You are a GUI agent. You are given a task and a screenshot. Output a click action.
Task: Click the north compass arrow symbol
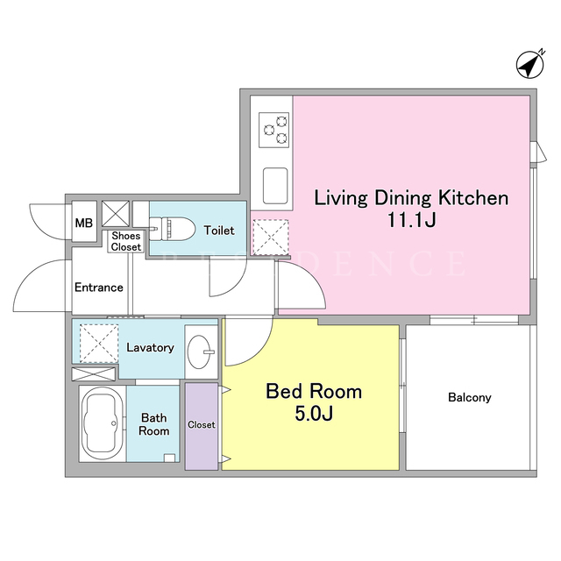(530, 65)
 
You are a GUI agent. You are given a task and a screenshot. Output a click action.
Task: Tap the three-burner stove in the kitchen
(273, 130)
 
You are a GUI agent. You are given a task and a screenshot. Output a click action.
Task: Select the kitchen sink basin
(275, 186)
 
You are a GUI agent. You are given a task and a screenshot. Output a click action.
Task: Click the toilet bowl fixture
(172, 229)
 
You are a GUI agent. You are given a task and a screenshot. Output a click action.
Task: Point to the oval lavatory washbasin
(199, 352)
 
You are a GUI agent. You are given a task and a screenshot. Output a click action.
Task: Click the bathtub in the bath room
(103, 424)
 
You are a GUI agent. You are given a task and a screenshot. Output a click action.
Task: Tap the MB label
(84, 223)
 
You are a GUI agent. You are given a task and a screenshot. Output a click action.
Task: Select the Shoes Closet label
(126, 241)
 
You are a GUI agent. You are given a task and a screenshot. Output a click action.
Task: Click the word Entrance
(99, 288)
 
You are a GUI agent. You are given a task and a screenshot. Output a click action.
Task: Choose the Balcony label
(470, 397)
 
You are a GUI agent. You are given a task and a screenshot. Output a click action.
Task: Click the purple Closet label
(202, 424)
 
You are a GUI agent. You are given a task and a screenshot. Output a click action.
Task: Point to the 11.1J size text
(411, 220)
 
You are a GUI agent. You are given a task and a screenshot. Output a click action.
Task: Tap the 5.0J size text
(314, 413)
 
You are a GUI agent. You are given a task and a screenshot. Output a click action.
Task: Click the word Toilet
(219, 230)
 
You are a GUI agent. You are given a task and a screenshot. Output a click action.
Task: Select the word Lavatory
(150, 347)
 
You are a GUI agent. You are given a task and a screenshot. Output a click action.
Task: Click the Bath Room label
(154, 424)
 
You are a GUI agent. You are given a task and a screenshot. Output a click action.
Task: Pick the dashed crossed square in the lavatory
(99, 344)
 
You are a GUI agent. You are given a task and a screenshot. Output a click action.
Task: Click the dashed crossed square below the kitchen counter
(271, 238)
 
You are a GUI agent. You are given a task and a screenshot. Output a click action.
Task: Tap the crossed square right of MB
(116, 214)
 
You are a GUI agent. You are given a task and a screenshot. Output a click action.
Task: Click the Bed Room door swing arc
(259, 351)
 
